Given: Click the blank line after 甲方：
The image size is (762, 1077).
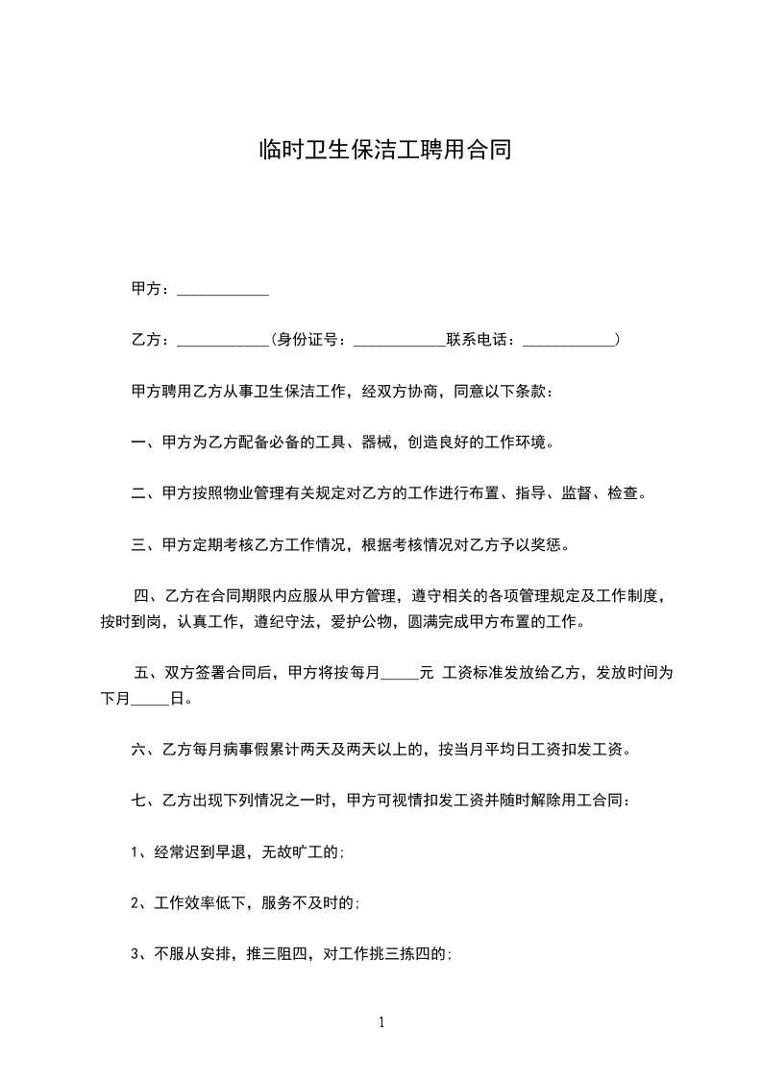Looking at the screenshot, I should click(223, 289).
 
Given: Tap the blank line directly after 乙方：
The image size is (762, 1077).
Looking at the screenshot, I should click(223, 340).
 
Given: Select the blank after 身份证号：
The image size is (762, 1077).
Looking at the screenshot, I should click(400, 340).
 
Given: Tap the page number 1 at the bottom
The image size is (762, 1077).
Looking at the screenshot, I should click(381, 1023).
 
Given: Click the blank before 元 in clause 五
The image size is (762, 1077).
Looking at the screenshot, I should click(399, 673).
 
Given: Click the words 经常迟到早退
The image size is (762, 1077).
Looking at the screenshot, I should click(200, 851).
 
